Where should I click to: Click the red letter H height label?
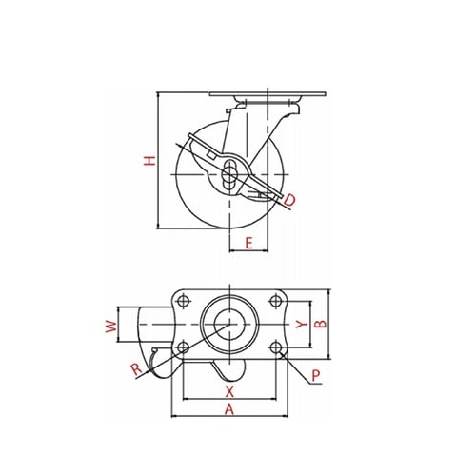149,161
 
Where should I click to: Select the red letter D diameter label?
289,200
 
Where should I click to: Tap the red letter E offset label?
249,243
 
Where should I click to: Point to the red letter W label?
111,327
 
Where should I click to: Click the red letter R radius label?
137,369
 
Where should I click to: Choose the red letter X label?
229,391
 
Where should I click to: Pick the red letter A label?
229,409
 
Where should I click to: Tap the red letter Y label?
302,324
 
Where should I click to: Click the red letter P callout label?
316,376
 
